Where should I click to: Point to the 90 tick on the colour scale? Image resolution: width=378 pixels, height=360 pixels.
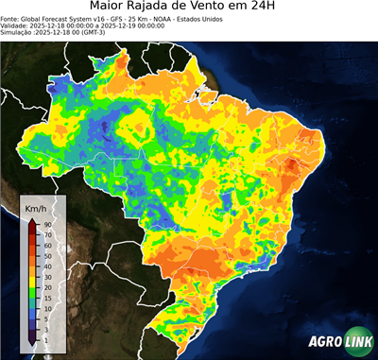[x=47, y=224]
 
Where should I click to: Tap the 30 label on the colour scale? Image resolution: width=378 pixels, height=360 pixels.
[x=47, y=276]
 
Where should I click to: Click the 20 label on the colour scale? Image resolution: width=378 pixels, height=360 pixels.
[x=47, y=286]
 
